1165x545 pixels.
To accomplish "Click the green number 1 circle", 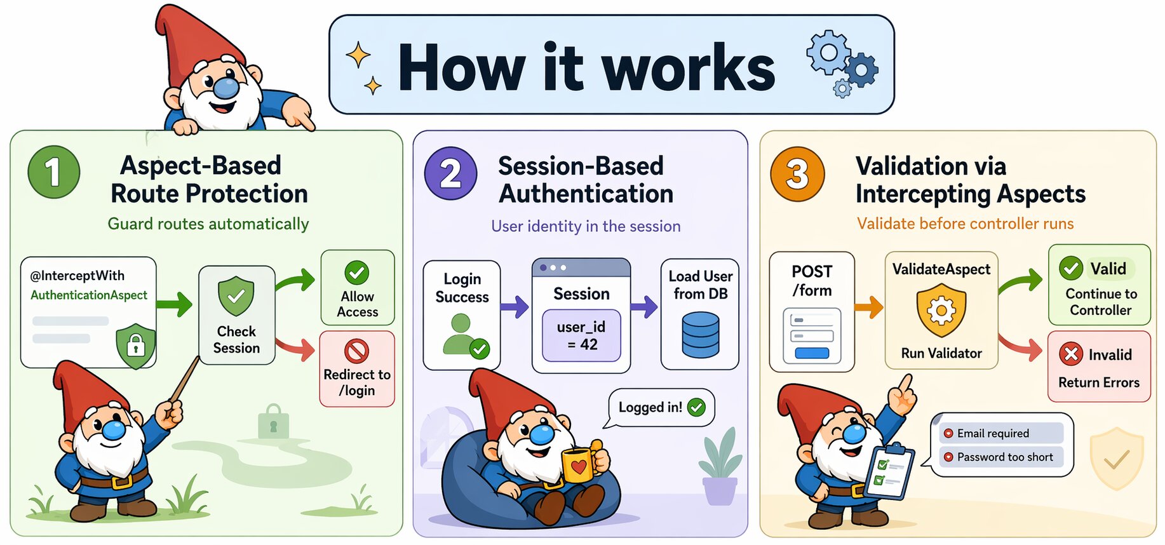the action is point(54,172).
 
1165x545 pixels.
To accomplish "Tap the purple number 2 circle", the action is point(450,173).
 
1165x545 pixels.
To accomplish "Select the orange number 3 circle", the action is point(797,173).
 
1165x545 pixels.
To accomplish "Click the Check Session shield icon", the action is point(236,296).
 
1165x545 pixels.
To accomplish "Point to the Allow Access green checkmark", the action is point(357,272).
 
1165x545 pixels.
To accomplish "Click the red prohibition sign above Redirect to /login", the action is point(357,351).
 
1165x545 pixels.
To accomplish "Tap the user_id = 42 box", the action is point(581,335).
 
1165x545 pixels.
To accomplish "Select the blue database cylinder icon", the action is point(701,335).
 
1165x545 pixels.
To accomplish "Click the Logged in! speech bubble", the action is point(661,408).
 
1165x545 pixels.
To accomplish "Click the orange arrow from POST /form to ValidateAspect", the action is point(869,307).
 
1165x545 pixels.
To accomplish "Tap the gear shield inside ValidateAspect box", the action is point(941,310).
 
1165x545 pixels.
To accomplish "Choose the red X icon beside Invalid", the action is point(1071,354).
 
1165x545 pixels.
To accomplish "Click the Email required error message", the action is point(1001,433).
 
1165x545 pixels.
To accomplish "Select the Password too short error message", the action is point(1001,457).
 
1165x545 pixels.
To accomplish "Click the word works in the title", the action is point(688,68).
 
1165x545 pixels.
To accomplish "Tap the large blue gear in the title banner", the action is point(828,51).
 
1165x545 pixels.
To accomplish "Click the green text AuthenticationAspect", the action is point(89,295).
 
